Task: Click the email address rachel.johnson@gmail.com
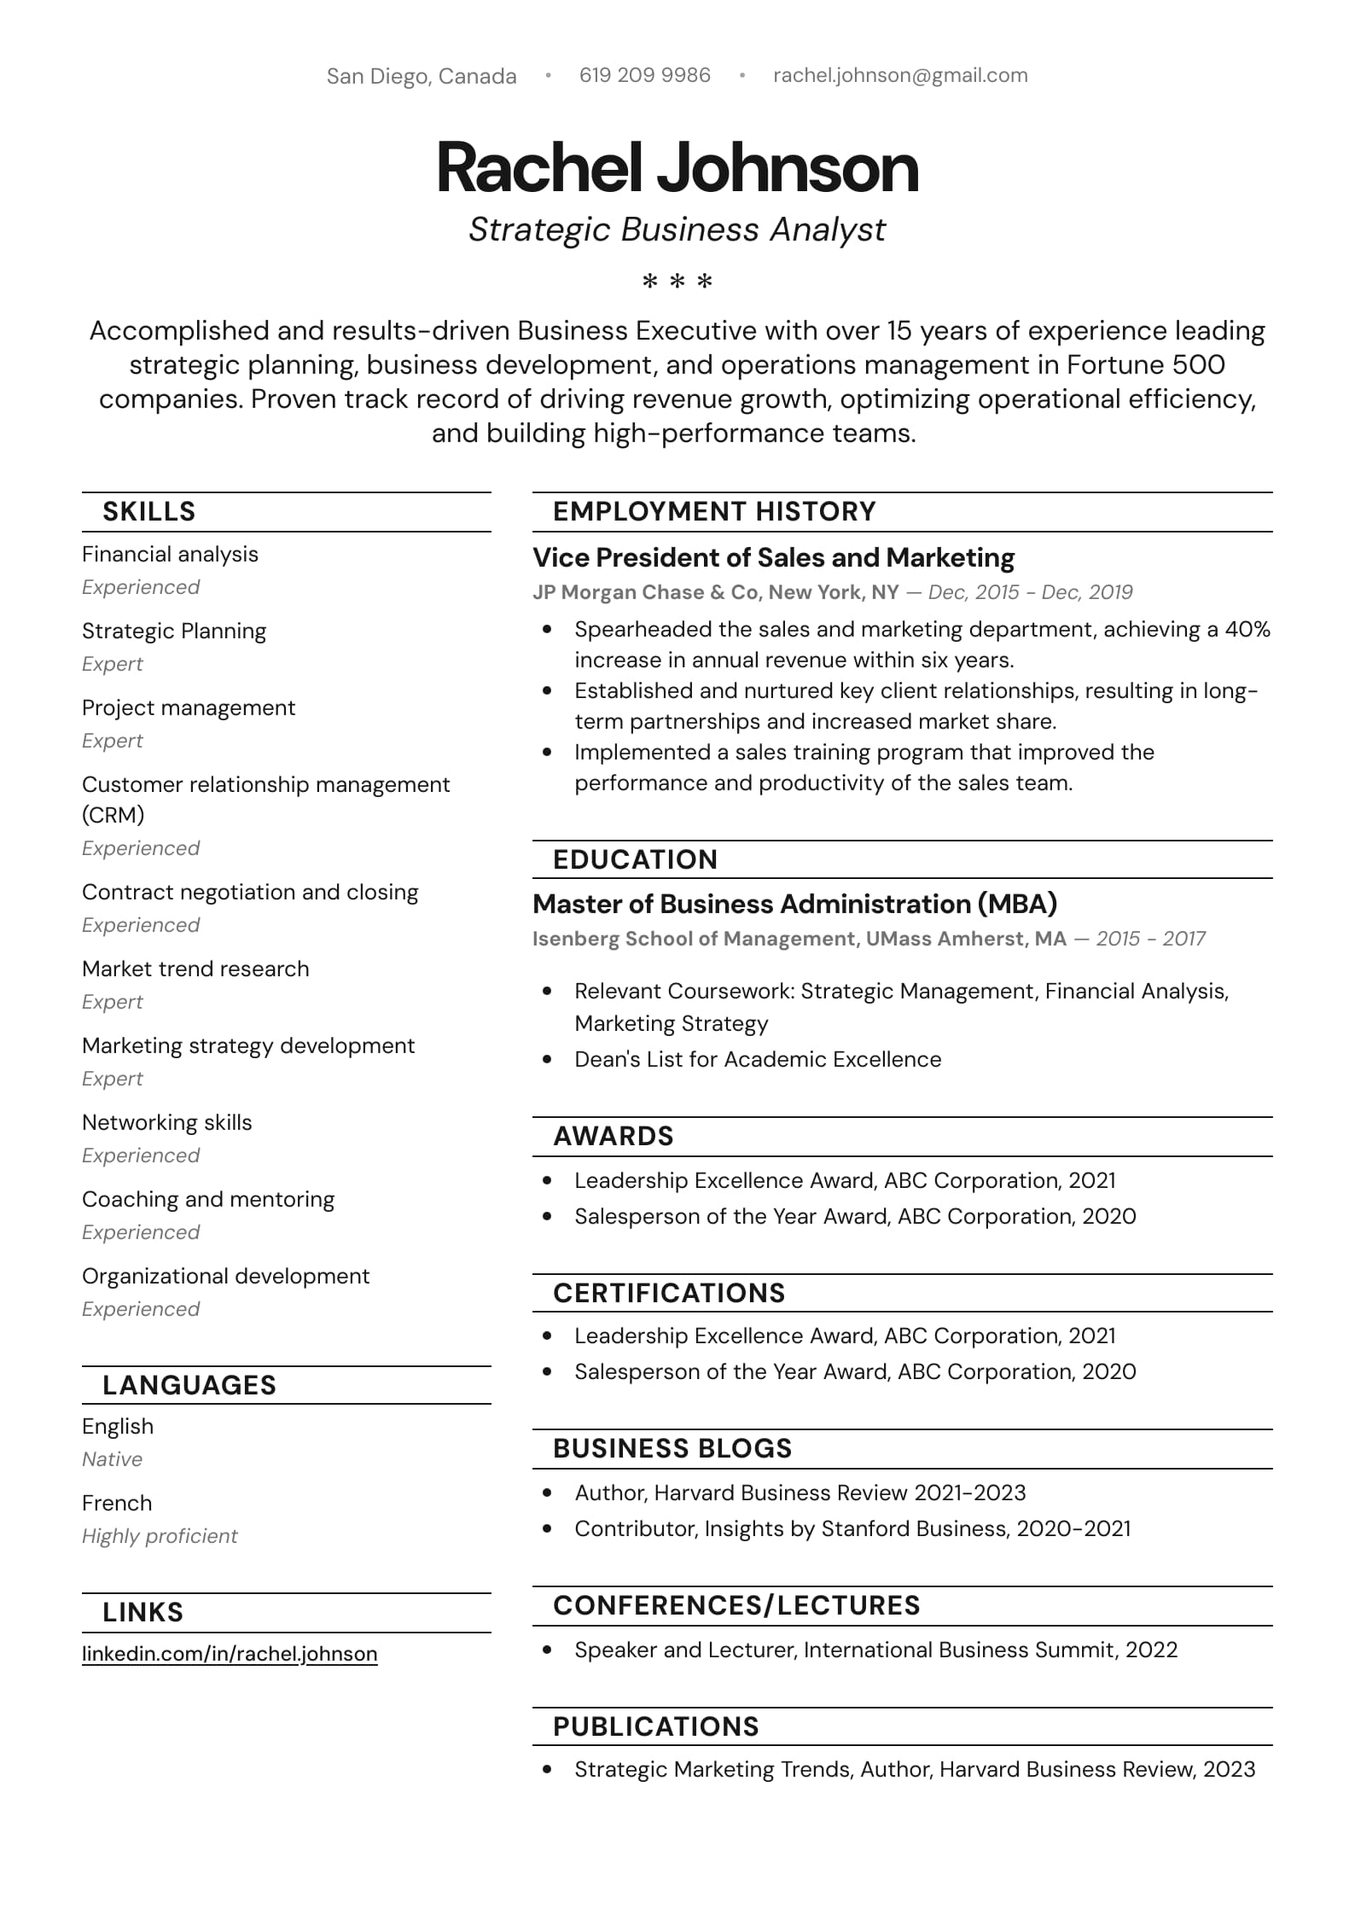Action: point(899,75)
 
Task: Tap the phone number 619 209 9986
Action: point(644,75)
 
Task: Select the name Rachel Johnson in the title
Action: point(677,168)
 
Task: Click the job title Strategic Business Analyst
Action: point(677,230)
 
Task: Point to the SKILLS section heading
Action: point(149,511)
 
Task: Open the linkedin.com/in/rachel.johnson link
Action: point(230,1653)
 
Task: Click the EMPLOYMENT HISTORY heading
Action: point(714,511)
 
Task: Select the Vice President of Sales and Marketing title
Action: point(773,557)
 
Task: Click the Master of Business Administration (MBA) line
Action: point(794,904)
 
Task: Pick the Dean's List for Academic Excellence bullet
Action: point(758,1059)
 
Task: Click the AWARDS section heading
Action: point(614,1136)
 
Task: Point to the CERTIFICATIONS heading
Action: point(669,1293)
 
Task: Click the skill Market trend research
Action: point(195,969)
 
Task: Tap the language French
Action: point(117,1503)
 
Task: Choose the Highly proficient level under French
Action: point(160,1536)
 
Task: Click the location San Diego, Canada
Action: point(422,76)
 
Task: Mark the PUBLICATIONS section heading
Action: point(655,1726)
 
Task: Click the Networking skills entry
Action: point(167,1122)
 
